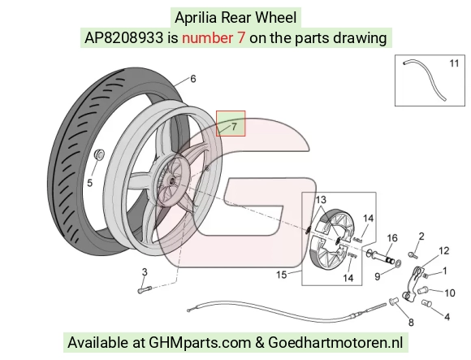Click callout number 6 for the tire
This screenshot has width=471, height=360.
click(193, 79)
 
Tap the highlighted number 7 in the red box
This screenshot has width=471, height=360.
click(235, 127)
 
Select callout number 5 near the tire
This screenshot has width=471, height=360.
click(89, 183)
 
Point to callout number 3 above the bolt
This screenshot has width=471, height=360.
click(145, 272)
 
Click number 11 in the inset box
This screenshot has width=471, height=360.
click(454, 63)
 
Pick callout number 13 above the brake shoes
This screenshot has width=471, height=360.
click(321, 200)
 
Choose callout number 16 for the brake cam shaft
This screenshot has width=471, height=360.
click(392, 238)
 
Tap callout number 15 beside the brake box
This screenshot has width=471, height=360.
click(282, 275)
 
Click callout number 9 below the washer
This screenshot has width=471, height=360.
click(378, 276)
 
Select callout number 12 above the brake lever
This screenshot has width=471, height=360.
click(444, 250)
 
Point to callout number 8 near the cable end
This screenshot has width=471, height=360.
click(411, 323)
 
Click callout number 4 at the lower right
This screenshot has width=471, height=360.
click(447, 317)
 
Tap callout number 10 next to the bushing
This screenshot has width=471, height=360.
click(450, 293)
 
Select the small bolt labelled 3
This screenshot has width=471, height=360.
click(145, 290)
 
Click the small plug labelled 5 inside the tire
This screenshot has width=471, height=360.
click(99, 154)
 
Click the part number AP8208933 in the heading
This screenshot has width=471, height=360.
click(123, 38)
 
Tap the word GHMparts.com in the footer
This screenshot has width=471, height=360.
click(200, 343)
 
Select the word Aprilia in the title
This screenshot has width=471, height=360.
click(196, 18)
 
